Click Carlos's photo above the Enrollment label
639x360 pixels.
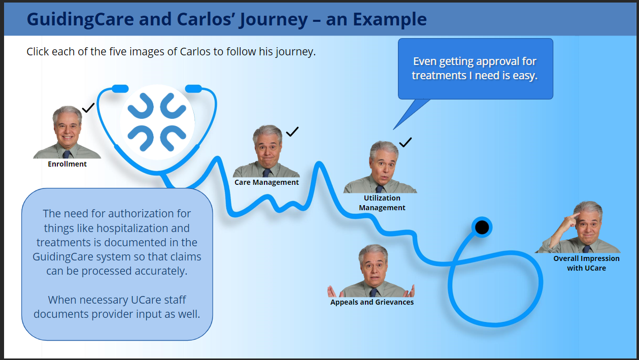click(x=67, y=132)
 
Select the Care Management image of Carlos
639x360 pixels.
click(x=266, y=151)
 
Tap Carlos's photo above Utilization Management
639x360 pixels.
click(x=380, y=167)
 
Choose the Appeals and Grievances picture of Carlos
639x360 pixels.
click(x=371, y=271)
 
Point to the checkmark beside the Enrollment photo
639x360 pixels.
click(x=88, y=108)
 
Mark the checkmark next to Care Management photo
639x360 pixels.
click(x=292, y=132)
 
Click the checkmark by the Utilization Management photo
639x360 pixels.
click(x=406, y=142)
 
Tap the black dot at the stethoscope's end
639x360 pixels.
click(x=482, y=227)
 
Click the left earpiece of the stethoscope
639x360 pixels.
click(x=120, y=89)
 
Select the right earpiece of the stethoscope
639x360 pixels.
click(x=194, y=89)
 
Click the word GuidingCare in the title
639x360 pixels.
click(x=80, y=19)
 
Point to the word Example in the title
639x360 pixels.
click(x=390, y=19)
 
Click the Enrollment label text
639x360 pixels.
click(x=67, y=164)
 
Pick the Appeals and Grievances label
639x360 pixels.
click(x=372, y=302)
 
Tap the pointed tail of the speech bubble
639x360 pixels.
click(x=394, y=129)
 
